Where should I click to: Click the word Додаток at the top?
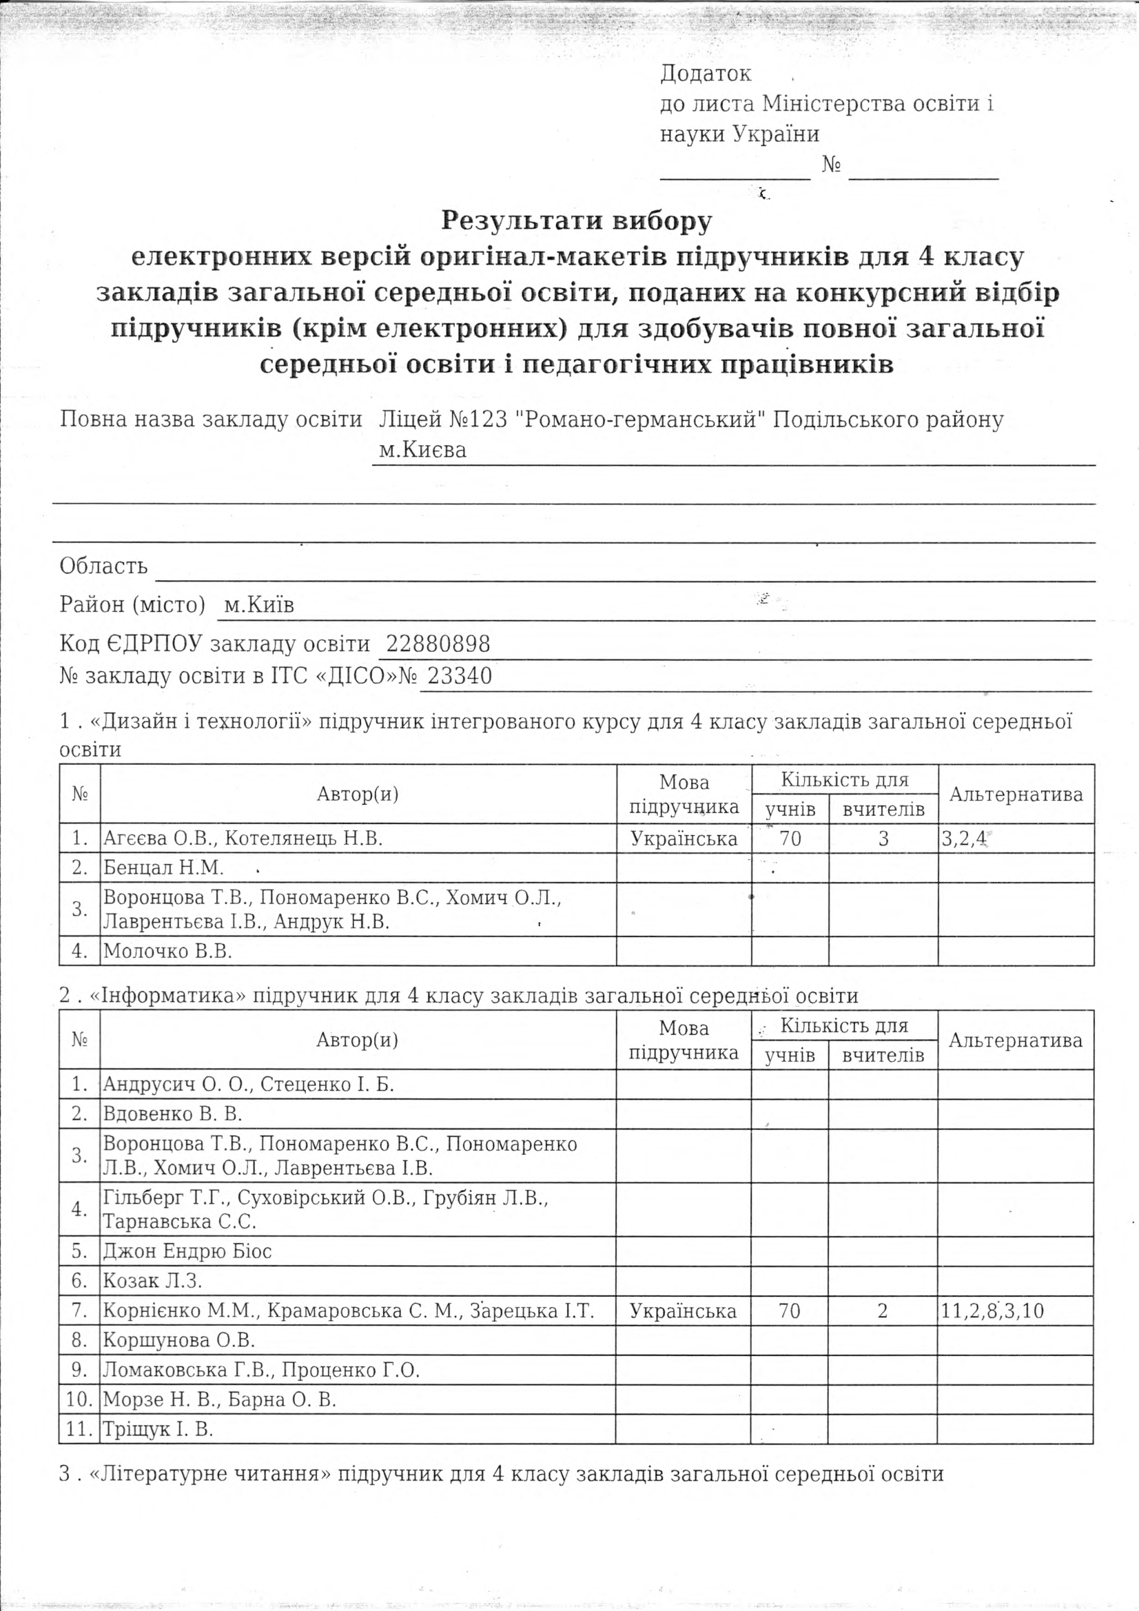pyautogui.click(x=706, y=73)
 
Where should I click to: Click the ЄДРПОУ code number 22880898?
pyautogui.click(x=438, y=644)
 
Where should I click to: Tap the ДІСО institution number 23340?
pyautogui.click(x=460, y=676)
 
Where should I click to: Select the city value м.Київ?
pyautogui.click(x=258, y=605)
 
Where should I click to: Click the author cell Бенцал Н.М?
pyautogui.click(x=163, y=868)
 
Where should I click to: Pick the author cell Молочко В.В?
pyautogui.click(x=167, y=951)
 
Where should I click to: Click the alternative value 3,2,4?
pyautogui.click(x=964, y=839)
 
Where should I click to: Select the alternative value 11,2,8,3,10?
pyautogui.click(x=992, y=1311)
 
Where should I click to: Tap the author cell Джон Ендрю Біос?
pyautogui.click(x=187, y=1251)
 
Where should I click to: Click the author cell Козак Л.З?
pyautogui.click(x=152, y=1281)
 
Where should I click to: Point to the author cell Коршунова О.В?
pyautogui.click(x=179, y=1340)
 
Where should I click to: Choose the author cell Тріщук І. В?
pyautogui.click(x=158, y=1429)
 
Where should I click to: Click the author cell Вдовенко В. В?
pyautogui.click(x=173, y=1114)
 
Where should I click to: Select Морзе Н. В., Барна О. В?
pyautogui.click(x=220, y=1399)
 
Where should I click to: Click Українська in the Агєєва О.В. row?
pyautogui.click(x=684, y=839)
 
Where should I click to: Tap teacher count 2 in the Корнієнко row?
pyautogui.click(x=883, y=1311)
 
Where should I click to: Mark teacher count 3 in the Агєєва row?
pyautogui.click(x=883, y=839)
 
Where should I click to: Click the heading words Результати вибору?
pyautogui.click(x=576, y=221)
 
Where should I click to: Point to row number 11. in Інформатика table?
pyautogui.click(x=79, y=1429)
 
